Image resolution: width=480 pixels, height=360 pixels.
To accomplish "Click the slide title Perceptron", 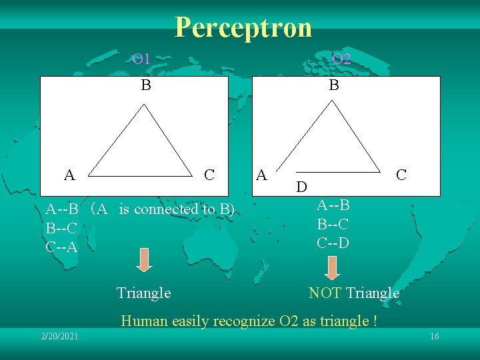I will pos(243,27).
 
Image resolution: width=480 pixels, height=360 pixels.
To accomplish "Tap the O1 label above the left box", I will pos(141,59).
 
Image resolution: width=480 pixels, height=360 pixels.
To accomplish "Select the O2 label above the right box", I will pos(341,59).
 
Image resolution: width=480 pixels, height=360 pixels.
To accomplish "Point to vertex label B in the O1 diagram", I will pos(145,85).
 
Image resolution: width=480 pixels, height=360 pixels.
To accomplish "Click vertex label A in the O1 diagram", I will pos(69,175).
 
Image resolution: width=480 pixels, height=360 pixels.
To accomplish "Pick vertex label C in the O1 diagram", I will pos(209,175).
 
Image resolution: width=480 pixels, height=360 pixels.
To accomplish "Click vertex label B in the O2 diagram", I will pos(334,85).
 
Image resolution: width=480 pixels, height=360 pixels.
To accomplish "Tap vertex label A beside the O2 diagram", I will pos(262,175).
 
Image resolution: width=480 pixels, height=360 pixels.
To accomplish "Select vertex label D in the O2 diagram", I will pos(301,187).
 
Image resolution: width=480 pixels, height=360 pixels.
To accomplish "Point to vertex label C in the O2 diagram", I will pos(401,175).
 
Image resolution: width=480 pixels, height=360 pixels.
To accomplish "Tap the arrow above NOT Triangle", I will pos(333,266).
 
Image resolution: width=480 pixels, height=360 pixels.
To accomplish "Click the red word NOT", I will pos(325,293).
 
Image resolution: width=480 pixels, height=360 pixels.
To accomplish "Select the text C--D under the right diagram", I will pos(333,243).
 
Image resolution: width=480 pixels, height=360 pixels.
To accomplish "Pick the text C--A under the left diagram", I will pos(62,247).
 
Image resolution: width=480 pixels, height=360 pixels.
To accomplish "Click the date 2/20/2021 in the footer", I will pos(59,336).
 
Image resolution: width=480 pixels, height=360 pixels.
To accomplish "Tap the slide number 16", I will pos(435,336).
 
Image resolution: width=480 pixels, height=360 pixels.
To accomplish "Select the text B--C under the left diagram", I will pos(62,229).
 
